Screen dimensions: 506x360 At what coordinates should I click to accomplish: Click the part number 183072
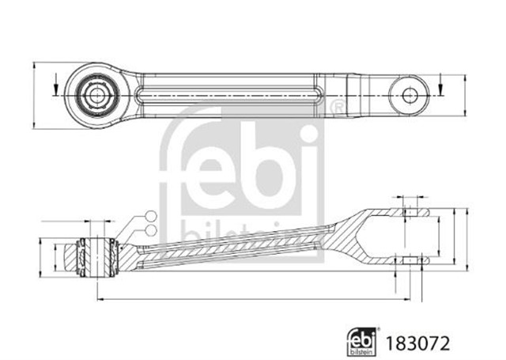pyautogui.click(x=417, y=344)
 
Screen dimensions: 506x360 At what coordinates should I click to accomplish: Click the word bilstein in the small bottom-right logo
pyautogui.click(x=362, y=352)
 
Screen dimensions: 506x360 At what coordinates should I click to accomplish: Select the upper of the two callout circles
pyautogui.click(x=151, y=216)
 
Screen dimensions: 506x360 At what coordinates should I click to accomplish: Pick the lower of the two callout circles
pyautogui.click(x=151, y=230)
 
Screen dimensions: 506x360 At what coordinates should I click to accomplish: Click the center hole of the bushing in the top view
pyautogui.click(x=96, y=96)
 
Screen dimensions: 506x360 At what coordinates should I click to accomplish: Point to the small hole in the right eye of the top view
pyautogui.click(x=410, y=96)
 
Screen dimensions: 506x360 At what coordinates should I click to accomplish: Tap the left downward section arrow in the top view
pyautogui.click(x=56, y=84)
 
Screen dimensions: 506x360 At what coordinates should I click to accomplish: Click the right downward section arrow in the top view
pyautogui.click(x=440, y=84)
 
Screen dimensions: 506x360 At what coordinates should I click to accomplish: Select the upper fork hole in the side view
pyautogui.click(x=410, y=213)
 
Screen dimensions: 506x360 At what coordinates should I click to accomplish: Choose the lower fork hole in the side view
pyautogui.click(x=410, y=260)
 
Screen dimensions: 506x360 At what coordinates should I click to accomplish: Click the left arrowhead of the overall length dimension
pyautogui.click(x=100, y=300)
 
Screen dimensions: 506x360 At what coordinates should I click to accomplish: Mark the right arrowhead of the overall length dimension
pyautogui.click(x=406, y=300)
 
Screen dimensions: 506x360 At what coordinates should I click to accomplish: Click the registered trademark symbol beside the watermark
pyautogui.click(x=337, y=107)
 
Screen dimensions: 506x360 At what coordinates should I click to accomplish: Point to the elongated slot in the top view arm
pyautogui.click(x=229, y=96)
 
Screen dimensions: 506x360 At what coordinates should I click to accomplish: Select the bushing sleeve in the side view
pyautogui.click(x=97, y=257)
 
